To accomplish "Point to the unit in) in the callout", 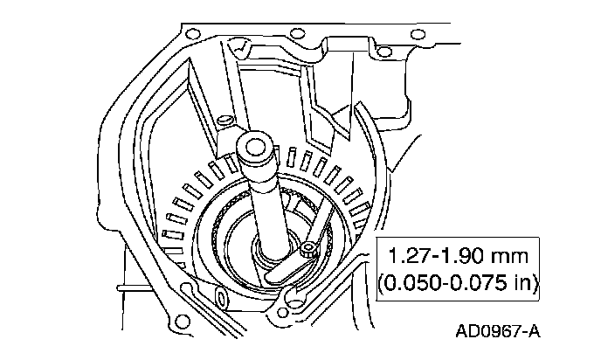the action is click(x=524, y=284).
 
